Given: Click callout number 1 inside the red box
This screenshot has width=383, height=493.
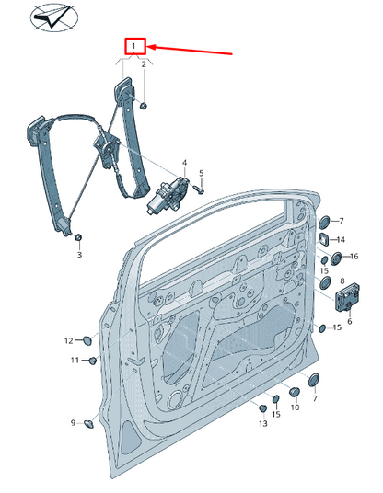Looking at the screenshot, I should pyautogui.click(x=134, y=45).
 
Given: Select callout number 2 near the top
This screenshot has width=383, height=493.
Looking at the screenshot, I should pyautogui.click(x=144, y=64).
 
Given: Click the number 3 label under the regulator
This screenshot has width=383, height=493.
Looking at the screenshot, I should pyautogui.click(x=79, y=255).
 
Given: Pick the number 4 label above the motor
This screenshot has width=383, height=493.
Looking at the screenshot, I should pyautogui.click(x=183, y=163).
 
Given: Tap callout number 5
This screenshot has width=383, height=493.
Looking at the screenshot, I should pyautogui.click(x=202, y=173).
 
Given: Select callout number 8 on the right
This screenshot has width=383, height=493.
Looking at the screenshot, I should pyautogui.click(x=342, y=281).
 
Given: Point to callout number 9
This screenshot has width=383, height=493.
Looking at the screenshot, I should pyautogui.click(x=72, y=423).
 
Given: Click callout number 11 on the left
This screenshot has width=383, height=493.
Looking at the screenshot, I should pyautogui.click(x=75, y=360).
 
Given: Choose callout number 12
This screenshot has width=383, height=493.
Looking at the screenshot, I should pyautogui.click(x=68, y=340).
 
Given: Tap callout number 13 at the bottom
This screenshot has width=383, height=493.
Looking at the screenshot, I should pyautogui.click(x=263, y=423).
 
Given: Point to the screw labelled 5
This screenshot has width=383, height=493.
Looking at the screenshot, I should pyautogui.click(x=197, y=189).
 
